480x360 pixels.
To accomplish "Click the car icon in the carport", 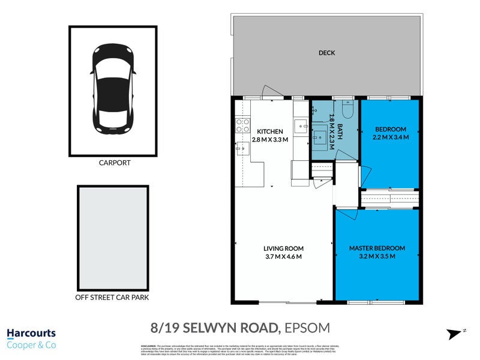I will click(x=113, y=89).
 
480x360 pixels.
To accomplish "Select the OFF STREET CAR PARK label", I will click(x=112, y=297).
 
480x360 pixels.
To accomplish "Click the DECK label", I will click(x=327, y=53).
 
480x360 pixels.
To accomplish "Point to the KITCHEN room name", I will click(x=270, y=131).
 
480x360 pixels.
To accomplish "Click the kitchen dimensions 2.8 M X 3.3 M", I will click(x=270, y=140).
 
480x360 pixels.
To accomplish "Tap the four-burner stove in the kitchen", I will click(x=243, y=125).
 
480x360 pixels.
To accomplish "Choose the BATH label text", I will click(x=340, y=131).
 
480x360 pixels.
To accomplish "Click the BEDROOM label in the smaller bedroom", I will click(x=391, y=129).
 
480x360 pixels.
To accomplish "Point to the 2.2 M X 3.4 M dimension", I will click(x=391, y=137).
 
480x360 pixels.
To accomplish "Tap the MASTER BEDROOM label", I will click(x=377, y=248).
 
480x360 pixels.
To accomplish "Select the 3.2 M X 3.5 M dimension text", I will click(x=377, y=256).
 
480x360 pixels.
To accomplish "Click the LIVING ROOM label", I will click(x=284, y=248).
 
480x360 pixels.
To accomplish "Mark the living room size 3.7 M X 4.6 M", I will click(x=284, y=257).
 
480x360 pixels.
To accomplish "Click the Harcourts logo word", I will click(x=31, y=333).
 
